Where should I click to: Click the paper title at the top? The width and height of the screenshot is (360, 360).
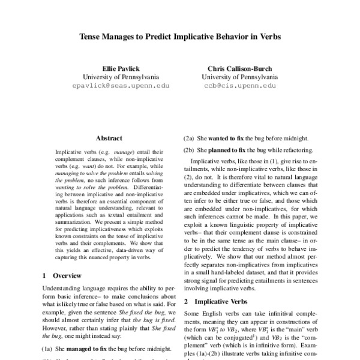tap(179, 35)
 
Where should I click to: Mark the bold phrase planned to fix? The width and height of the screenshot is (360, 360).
tap(232, 149)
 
